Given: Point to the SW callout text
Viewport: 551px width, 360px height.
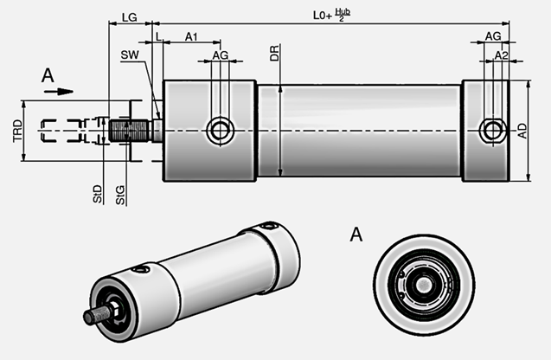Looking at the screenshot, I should [130, 55].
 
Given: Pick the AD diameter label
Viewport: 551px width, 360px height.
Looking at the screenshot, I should [522, 131].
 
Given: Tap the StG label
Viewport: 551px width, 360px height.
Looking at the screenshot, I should [121, 193].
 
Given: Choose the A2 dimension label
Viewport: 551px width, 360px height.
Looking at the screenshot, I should [501, 55].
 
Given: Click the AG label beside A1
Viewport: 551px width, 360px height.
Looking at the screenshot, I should [221, 55].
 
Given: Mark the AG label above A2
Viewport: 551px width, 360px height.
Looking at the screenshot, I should [492, 36].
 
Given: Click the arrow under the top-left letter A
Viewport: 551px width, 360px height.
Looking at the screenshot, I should [53, 89].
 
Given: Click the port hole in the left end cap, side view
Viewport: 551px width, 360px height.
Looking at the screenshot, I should [221, 131].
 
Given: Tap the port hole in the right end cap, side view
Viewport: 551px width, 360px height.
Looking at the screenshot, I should [493, 131].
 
